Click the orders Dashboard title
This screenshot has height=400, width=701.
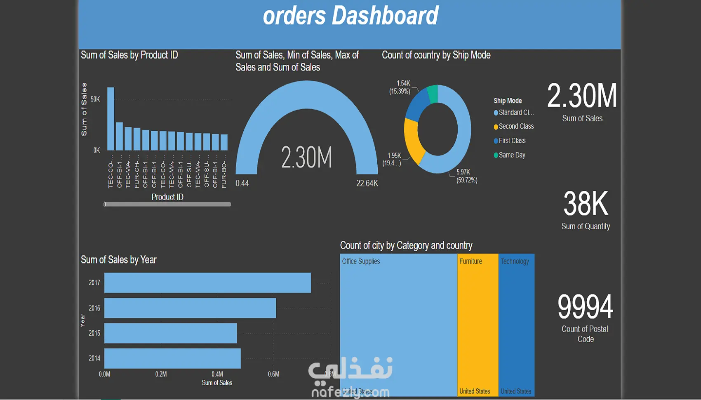(350, 16)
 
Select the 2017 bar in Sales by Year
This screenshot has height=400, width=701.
(207, 283)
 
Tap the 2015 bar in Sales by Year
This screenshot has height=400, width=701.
(170, 333)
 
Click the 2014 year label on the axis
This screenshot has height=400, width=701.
(94, 358)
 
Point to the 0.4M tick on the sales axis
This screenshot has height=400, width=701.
(217, 374)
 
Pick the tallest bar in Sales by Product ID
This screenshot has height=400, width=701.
(111, 119)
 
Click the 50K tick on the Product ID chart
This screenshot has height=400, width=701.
(95, 99)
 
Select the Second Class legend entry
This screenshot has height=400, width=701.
(516, 127)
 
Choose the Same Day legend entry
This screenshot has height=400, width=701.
(512, 155)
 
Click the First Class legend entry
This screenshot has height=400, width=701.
(512, 141)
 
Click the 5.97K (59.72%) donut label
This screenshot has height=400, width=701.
(466, 176)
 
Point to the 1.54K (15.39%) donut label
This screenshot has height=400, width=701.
(400, 87)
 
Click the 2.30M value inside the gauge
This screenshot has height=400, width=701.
(306, 158)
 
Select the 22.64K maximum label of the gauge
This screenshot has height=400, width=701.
(367, 183)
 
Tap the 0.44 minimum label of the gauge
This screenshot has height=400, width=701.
(242, 183)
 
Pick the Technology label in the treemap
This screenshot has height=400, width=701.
(515, 261)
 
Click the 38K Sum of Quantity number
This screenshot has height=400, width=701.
(586, 204)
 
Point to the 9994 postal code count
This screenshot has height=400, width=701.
(585, 307)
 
